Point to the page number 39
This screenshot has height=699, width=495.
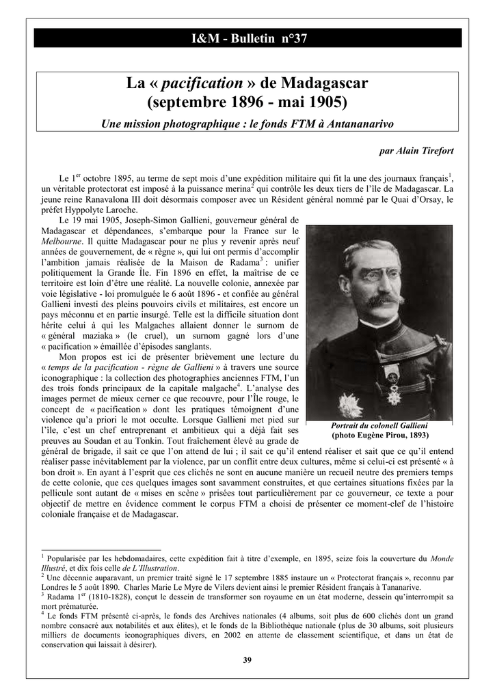coord(247,659)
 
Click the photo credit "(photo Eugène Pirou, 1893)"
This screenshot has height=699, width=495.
coord(379,435)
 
